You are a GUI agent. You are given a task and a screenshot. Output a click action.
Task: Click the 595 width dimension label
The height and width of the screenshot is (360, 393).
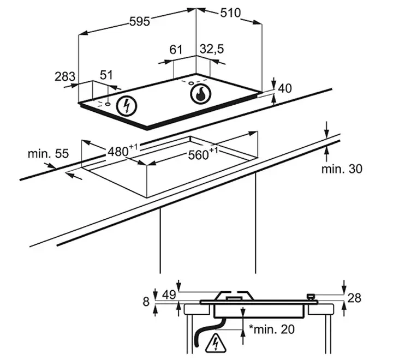140,21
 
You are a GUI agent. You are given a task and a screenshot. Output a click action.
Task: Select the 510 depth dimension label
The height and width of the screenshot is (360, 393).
230,13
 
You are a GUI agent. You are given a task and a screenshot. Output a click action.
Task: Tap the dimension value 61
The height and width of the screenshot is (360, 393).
176,50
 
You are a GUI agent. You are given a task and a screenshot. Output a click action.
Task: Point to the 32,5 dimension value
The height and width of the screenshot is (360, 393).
212,49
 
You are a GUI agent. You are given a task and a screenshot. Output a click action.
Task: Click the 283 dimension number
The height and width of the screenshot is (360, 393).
65,76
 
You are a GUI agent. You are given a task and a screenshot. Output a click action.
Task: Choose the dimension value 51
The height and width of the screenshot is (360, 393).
106,75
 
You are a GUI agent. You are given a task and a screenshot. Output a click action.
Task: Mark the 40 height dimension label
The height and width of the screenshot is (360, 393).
285,88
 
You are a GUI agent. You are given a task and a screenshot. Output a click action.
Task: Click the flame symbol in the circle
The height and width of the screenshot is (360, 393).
200,94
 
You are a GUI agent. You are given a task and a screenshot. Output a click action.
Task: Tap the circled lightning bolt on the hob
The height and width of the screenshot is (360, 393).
127,106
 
